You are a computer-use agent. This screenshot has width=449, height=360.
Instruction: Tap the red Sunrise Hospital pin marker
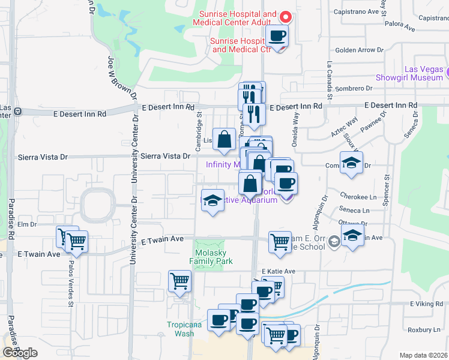[286, 17]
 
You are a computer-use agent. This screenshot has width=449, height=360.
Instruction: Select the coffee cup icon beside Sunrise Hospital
[277, 37]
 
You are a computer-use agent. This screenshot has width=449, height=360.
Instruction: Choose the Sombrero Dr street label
[354, 88]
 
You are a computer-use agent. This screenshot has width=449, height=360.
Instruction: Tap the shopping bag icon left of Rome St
[224, 140]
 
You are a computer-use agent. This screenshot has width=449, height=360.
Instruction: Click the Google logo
[20, 353]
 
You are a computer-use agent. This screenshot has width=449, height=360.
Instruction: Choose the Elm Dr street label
[28, 225]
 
